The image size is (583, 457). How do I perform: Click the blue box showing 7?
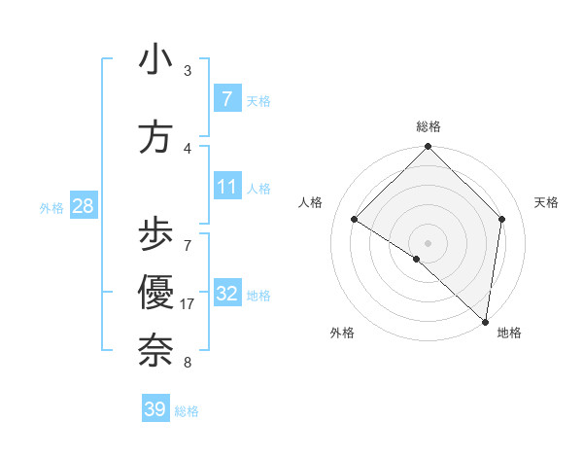[x=227, y=99]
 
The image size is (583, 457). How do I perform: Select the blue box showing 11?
[x=227, y=187]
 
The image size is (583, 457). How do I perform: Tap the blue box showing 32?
[x=227, y=294]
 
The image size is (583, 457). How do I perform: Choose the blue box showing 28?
[x=83, y=206]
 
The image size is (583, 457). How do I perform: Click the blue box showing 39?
[x=155, y=409]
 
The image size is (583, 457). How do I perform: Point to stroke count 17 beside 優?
[x=188, y=304]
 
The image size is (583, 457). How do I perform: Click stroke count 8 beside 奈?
[x=187, y=363]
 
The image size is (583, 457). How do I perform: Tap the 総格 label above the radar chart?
[x=429, y=126]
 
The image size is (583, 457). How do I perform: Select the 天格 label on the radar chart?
[x=546, y=202]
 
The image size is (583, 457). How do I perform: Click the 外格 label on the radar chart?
[x=342, y=333]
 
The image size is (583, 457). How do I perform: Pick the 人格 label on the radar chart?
[x=311, y=202]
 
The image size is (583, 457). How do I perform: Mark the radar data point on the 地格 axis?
[x=486, y=321]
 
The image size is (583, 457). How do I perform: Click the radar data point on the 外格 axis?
[x=417, y=259]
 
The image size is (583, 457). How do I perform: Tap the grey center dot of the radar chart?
[x=429, y=242]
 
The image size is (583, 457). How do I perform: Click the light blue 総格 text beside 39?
[x=187, y=411]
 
